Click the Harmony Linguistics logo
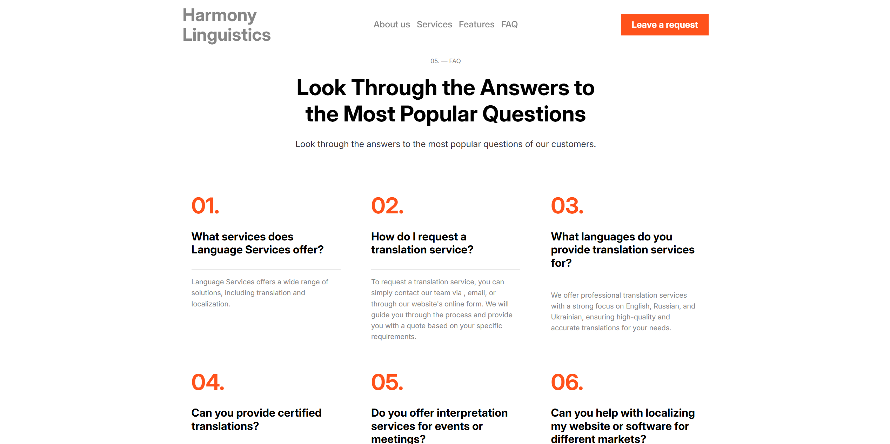227,25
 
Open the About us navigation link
392,25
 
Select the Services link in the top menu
434,25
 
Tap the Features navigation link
476,25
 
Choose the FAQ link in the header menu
509,25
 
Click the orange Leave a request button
664,25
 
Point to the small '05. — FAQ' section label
446,61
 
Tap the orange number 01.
206,206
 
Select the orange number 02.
387,206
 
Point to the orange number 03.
567,206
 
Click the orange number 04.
208,382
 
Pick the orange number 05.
387,382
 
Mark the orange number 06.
567,382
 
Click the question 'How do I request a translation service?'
422,243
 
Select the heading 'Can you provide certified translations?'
256,419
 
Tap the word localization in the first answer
211,304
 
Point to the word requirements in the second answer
394,337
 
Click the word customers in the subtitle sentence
573,144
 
